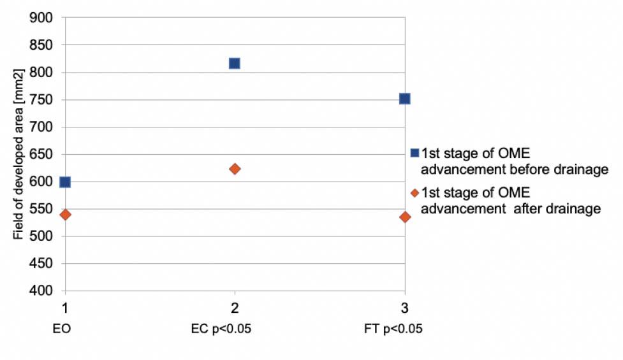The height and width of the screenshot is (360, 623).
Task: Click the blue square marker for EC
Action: (x=234, y=63)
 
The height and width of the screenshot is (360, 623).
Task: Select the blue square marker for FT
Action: (x=404, y=99)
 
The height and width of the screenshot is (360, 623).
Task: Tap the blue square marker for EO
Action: (x=64, y=182)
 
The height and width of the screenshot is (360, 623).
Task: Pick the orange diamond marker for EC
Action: (x=234, y=169)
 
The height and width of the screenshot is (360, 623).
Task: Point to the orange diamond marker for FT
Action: (x=405, y=217)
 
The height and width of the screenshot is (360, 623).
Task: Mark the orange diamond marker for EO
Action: (x=65, y=215)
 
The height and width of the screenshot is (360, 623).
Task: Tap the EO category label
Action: (x=64, y=330)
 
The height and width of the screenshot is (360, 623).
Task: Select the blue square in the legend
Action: (x=415, y=153)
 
